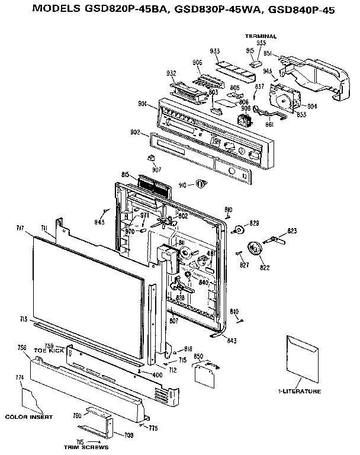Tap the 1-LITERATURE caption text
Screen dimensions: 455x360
[x=299, y=392]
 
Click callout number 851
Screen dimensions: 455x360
[x=267, y=53]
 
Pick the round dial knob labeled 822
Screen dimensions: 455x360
[x=256, y=249]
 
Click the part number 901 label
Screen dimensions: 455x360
[x=142, y=104]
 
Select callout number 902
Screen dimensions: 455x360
[x=135, y=133]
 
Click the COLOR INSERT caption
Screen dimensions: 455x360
[x=28, y=417]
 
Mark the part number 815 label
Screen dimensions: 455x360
[x=126, y=174]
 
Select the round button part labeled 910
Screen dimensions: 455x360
[x=201, y=185]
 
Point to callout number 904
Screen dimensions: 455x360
[x=312, y=107]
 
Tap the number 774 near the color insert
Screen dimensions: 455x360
[x=20, y=377]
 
